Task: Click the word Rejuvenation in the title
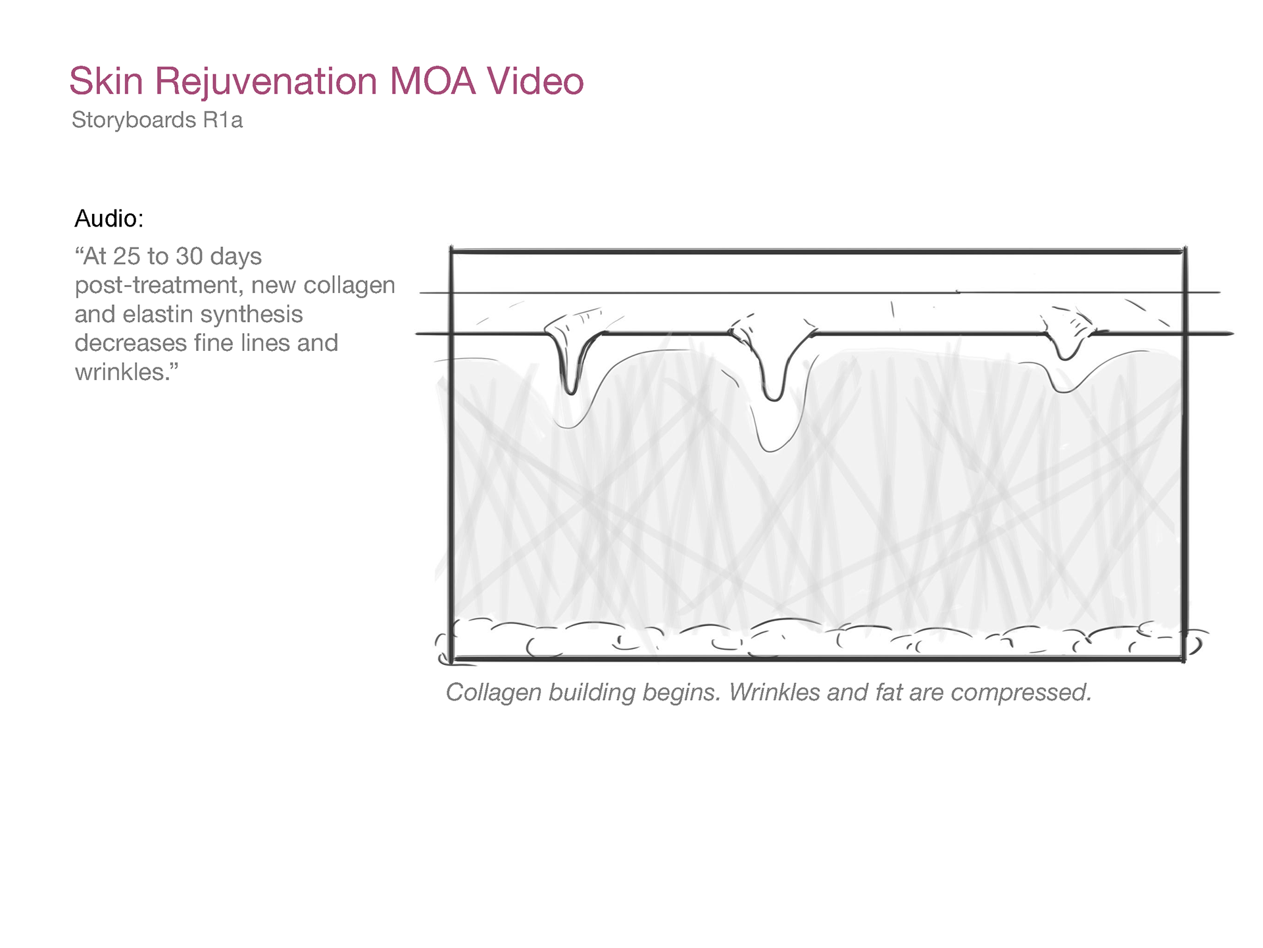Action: [266, 82]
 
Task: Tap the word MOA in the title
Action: [432, 82]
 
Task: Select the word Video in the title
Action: [535, 82]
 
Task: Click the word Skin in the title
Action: [106, 82]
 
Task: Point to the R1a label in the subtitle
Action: [223, 120]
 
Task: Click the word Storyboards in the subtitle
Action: [134, 120]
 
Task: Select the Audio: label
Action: [109, 219]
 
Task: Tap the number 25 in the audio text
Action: [126, 257]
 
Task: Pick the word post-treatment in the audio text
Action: [157, 286]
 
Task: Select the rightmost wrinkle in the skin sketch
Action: [1066, 342]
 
